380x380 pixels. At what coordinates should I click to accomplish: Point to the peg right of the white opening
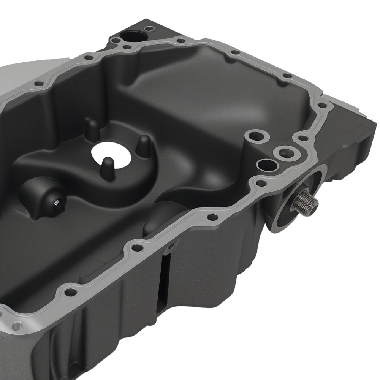click(x=144, y=144)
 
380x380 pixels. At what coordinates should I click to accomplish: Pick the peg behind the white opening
click(x=92, y=129)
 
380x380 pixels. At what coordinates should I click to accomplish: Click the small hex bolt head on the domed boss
click(x=56, y=204)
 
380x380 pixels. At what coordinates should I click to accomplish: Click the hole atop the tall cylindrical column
click(x=253, y=135)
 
